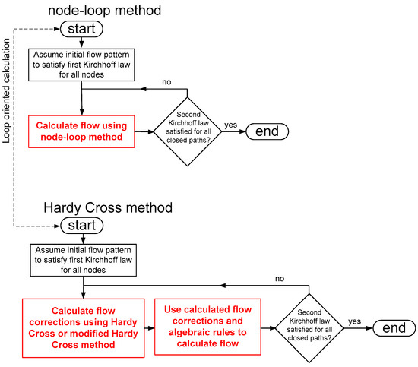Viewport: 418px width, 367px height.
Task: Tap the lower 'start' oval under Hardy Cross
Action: (81, 226)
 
